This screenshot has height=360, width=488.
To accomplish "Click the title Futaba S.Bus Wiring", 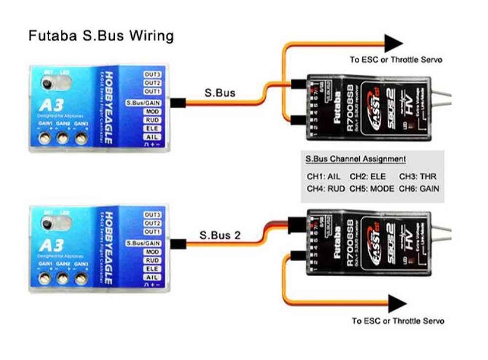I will coord(101,36).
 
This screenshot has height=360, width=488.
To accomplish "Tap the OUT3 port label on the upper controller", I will coord(152,75).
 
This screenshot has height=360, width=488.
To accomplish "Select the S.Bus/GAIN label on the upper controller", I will coord(143,103).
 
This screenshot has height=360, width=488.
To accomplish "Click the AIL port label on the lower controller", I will coord(153,277).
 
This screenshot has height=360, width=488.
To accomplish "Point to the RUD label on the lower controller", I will coord(153,261).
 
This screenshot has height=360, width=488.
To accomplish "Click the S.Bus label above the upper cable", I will coord(219,93).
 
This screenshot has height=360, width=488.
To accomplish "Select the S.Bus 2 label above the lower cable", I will coord(220,235).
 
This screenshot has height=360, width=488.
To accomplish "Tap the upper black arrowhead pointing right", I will coord(394,43).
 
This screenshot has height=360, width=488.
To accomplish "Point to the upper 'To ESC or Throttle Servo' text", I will coord(396,60).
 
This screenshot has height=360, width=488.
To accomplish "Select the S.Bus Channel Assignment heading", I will coord(355,159).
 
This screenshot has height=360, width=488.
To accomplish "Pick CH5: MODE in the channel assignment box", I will coord(372,189).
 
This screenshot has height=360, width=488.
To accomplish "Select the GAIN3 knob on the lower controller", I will coord(81,278).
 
